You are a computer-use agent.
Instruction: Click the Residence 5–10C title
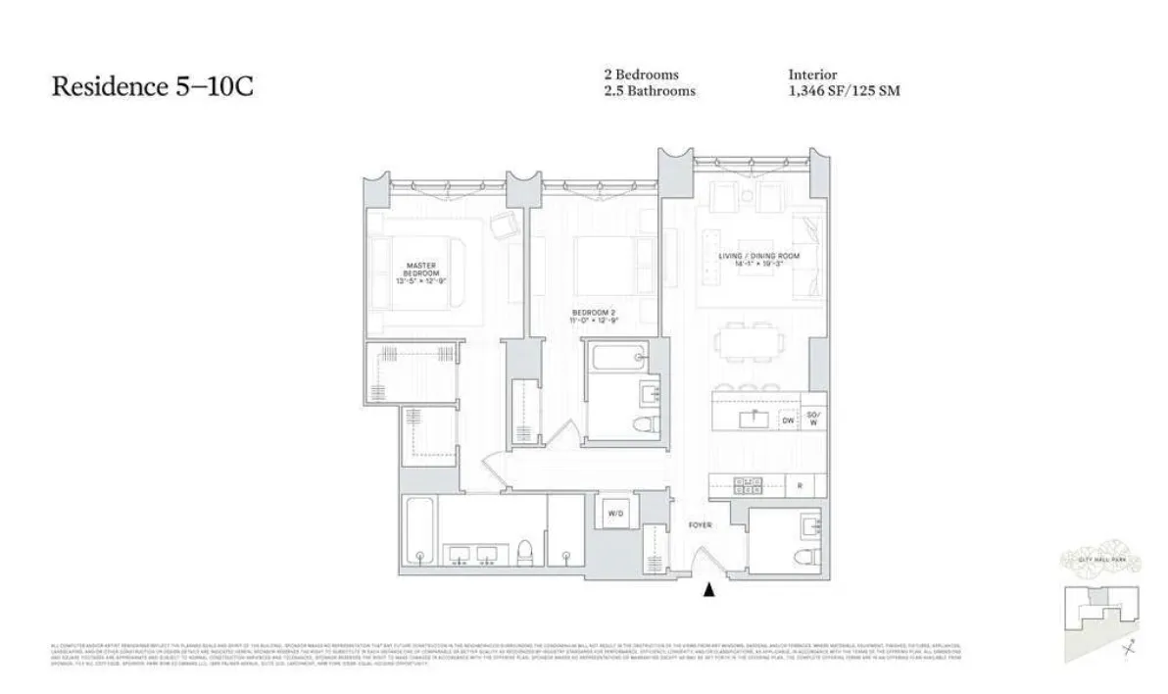tap(152, 86)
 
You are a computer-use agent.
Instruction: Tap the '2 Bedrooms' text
tap(642, 74)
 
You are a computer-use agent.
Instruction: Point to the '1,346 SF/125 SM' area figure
tap(844, 91)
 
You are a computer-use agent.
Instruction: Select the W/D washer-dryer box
tap(616, 514)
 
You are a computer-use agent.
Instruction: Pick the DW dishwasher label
tap(787, 421)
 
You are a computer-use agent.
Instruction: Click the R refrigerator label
tap(800, 484)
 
